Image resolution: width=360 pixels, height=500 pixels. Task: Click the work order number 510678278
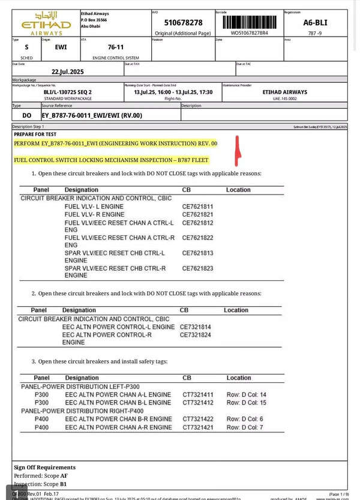[183, 22]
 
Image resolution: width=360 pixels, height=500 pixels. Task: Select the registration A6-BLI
[316, 23]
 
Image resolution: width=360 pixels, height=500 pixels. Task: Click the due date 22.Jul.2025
[67, 71]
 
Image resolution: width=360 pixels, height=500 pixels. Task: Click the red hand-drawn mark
[238, 151]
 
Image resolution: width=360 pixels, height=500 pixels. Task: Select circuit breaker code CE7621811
[198, 206]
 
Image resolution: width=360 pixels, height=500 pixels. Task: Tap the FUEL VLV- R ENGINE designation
[94, 214]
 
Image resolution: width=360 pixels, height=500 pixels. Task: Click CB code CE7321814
[196, 327]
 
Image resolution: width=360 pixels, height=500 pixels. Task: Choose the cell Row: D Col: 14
[246, 394]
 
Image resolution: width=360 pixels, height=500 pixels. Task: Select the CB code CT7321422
[198, 419]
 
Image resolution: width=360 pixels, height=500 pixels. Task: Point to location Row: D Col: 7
[245, 427]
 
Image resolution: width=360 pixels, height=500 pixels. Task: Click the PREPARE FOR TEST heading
[36, 134]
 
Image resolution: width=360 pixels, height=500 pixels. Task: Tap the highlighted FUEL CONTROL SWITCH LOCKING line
[110, 160]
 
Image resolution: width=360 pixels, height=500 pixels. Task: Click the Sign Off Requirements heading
[44, 467]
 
